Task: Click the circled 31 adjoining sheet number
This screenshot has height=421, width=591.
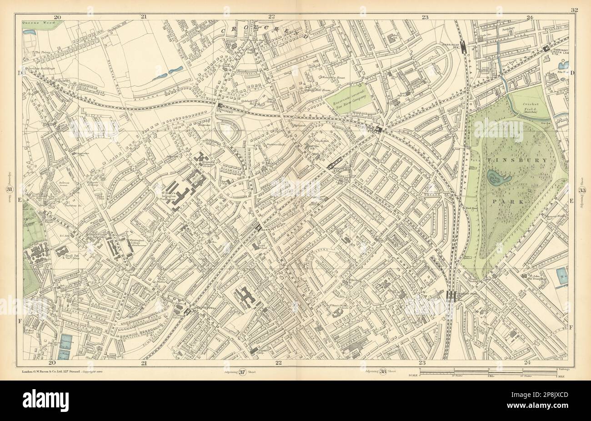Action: [8, 190]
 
